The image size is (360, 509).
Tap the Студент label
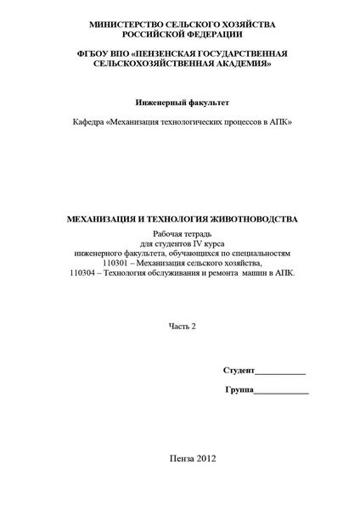tap(239, 372)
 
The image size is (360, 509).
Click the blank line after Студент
tap(280, 373)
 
